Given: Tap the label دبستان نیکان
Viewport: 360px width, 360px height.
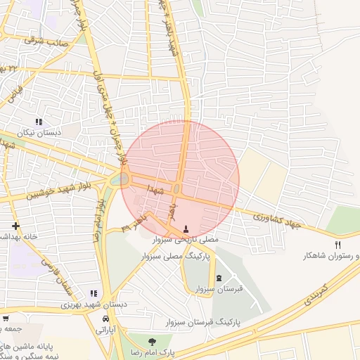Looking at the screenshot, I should [x=39, y=132].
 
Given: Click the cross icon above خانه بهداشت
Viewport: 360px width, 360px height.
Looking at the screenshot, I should [x=14, y=226].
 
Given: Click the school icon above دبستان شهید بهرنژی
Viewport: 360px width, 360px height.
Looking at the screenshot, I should [x=94, y=294].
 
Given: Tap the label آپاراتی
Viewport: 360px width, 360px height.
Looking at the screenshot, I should [x=105, y=328].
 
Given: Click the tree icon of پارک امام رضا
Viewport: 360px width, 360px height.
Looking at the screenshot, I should [x=152, y=342].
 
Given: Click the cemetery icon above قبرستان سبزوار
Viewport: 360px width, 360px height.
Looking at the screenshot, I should [x=218, y=278].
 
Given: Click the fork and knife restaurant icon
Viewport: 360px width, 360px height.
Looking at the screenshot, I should [x=338, y=245].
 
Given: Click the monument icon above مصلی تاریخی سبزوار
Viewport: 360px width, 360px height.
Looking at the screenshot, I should [x=186, y=229].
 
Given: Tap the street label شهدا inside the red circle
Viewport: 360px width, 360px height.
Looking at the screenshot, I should [x=155, y=190].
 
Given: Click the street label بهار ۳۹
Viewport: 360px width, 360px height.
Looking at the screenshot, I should [x=135, y=224].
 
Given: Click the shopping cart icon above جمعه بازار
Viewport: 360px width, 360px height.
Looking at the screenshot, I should [x=6, y=319].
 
